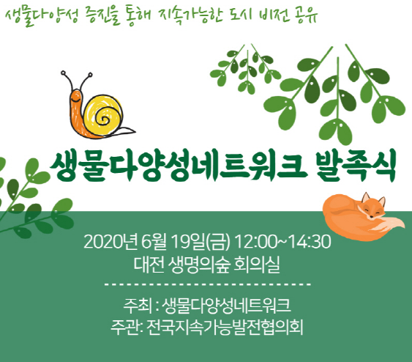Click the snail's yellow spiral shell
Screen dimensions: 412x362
click(103, 115)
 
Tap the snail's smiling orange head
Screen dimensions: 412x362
click(75, 98)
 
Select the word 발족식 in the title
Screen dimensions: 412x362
click(356, 166)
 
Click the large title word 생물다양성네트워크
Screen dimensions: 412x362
click(179, 166)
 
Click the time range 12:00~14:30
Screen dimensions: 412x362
click(282, 242)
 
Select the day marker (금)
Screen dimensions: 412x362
click(218, 242)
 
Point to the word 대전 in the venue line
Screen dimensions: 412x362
click(149, 265)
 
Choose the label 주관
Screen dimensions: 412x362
click(125, 328)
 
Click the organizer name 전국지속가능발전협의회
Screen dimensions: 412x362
click(225, 328)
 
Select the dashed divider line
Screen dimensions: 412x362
click(208, 284)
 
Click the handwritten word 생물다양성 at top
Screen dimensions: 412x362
click(42, 15)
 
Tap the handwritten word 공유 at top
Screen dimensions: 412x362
click(307, 15)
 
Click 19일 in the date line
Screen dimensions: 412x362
click(188, 242)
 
